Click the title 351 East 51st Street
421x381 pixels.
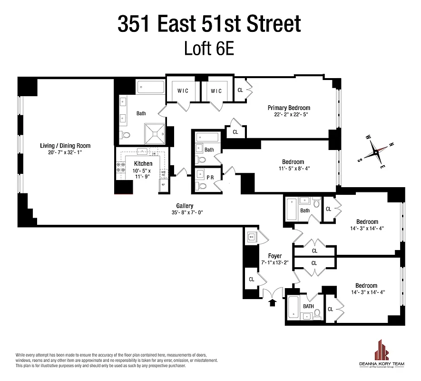click(x=209, y=24)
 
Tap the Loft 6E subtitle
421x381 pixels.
click(x=209, y=49)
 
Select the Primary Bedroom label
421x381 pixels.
click(x=289, y=108)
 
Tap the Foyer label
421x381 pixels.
click(x=275, y=256)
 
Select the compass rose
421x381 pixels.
click(x=375, y=152)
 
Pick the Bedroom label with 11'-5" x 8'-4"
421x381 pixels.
click(x=293, y=162)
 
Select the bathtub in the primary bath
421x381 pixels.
click(x=151, y=87)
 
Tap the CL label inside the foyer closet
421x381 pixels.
click(x=252, y=279)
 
